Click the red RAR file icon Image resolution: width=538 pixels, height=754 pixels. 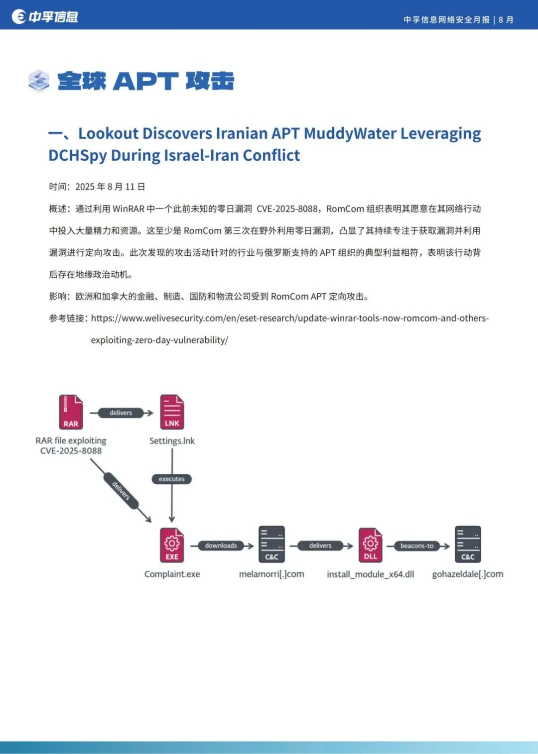[71, 412]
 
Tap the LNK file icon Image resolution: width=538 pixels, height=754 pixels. [172, 412]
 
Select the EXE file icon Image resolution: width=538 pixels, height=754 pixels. [172, 545]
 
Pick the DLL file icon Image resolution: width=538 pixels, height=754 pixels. [370, 545]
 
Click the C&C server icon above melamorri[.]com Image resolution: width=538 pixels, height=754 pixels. [271, 544]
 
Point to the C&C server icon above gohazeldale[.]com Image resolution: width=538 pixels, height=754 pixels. [468, 544]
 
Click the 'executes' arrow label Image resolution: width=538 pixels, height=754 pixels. [171, 479]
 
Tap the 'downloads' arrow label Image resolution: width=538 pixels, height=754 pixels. [221, 545]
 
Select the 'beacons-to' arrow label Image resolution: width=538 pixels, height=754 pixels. [417, 545]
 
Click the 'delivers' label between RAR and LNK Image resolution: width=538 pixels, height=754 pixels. [121, 413]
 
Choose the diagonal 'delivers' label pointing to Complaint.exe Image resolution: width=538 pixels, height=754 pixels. [121, 491]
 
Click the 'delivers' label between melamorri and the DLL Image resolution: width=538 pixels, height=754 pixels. [320, 545]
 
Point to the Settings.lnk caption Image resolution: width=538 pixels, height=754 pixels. [172, 440]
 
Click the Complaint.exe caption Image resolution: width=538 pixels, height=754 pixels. [172, 574]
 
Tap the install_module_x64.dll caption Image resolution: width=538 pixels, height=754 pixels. [370, 574]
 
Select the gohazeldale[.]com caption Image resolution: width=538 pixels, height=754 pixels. [467, 574]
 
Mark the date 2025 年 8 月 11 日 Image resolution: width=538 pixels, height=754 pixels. [110, 187]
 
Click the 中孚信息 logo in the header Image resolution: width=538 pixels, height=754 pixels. [45, 16]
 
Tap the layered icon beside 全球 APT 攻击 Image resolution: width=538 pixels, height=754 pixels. [39, 81]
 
